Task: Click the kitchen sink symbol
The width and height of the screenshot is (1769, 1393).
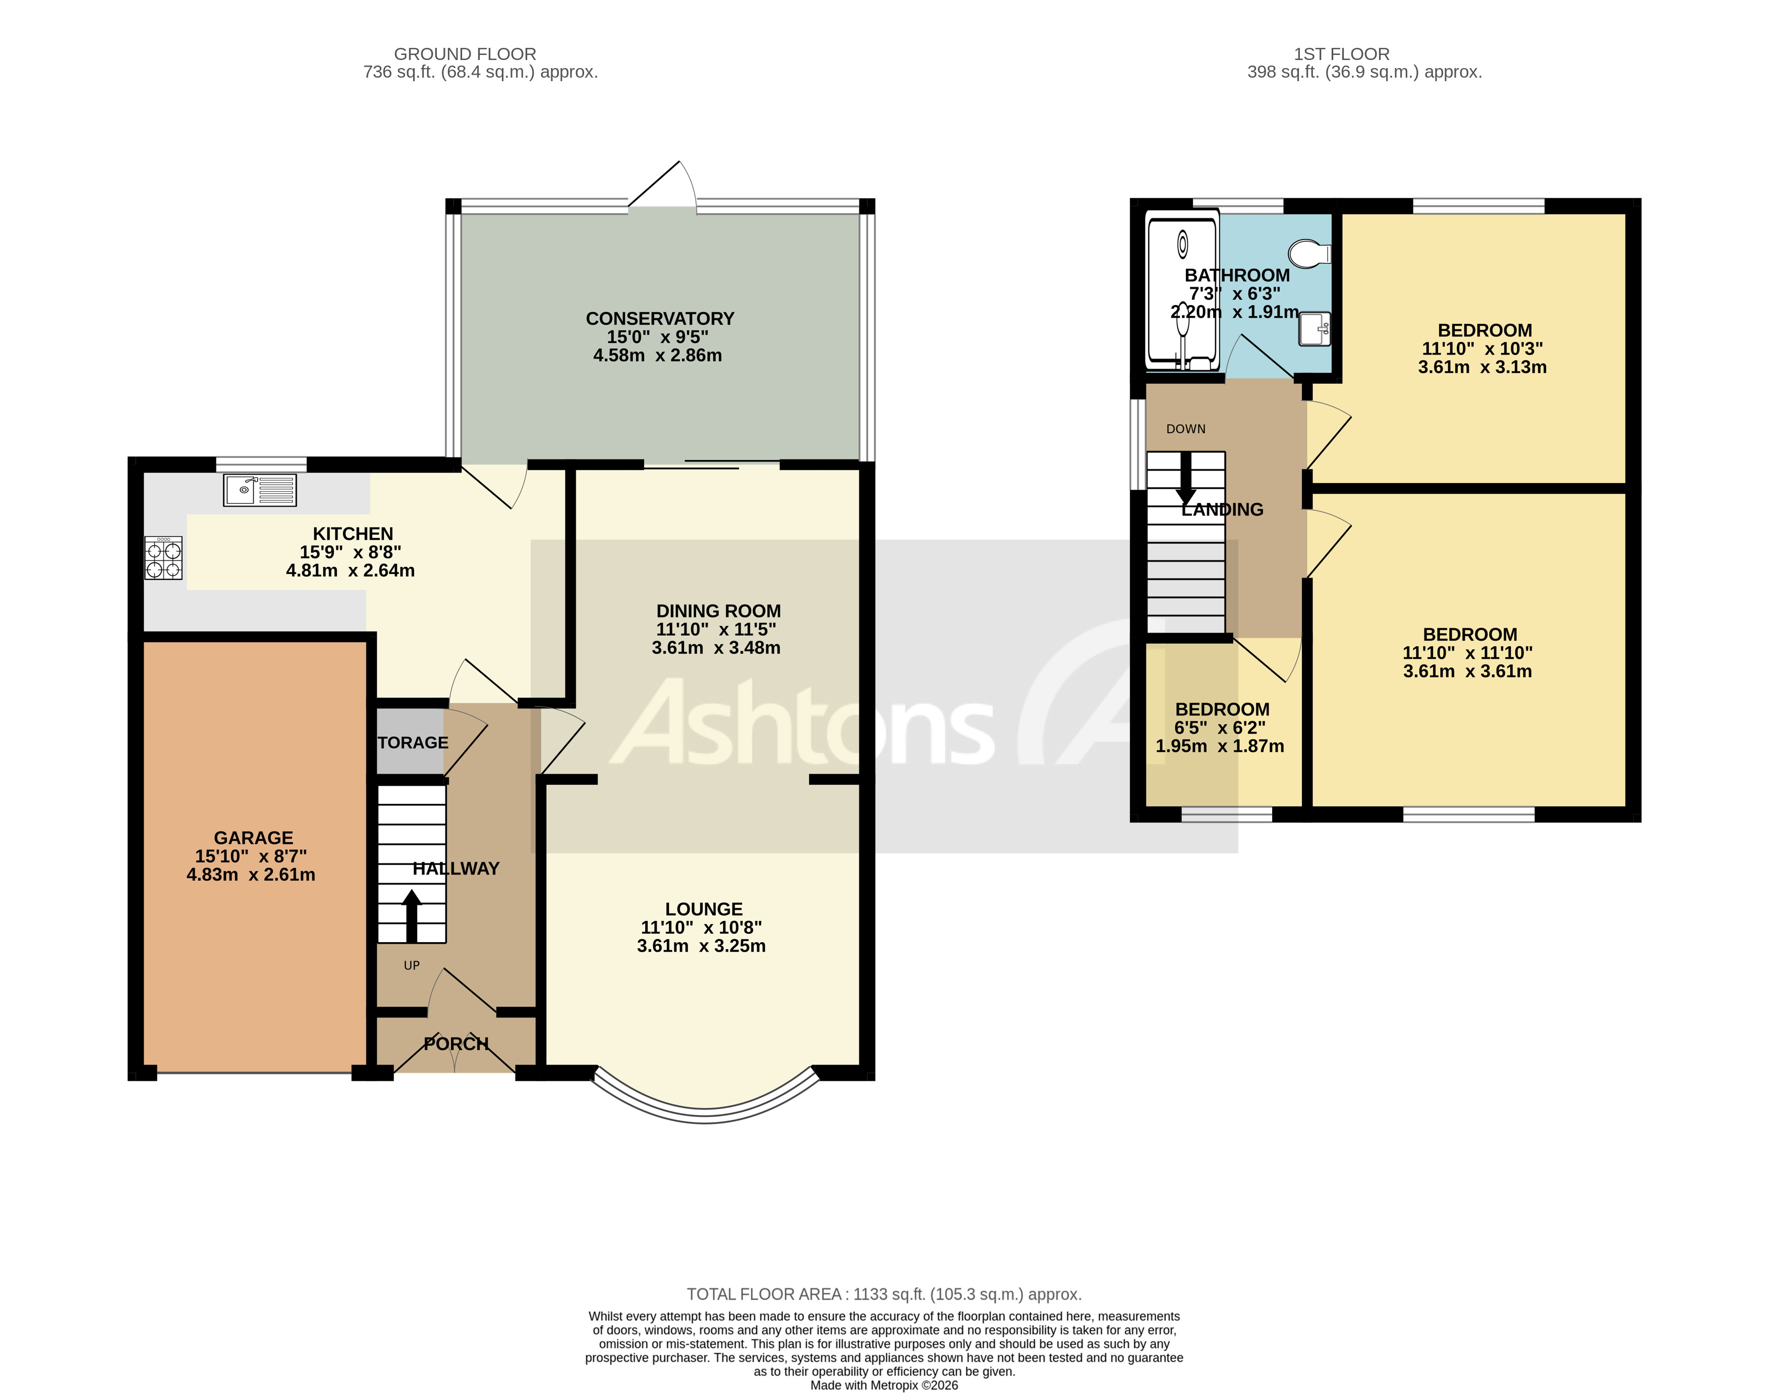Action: tap(259, 490)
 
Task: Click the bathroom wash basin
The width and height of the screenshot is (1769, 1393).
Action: tap(1314, 329)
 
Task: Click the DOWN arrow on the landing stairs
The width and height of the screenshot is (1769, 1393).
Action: tap(1186, 479)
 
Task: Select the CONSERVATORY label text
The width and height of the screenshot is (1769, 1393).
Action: tap(660, 319)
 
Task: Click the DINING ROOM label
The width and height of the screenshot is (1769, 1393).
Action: tap(718, 611)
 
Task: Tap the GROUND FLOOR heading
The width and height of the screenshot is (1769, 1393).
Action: tap(465, 54)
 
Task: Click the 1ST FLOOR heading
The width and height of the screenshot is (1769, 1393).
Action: tap(1341, 54)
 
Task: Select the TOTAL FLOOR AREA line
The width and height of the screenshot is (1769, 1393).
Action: tap(883, 1294)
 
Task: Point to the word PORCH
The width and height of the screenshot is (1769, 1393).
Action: tap(456, 1043)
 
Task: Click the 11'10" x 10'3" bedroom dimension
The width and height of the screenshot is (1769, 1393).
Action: tap(1482, 348)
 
